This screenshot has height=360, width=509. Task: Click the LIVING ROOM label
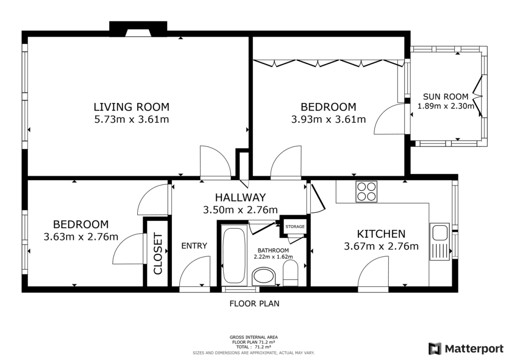click(132, 106)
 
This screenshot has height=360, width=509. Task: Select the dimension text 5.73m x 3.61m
click(132, 119)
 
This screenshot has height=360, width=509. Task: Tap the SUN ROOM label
click(445, 96)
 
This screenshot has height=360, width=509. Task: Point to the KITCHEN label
click(381, 233)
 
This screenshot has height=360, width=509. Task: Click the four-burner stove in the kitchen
click(367, 191)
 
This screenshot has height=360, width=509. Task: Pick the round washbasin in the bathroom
click(263, 276)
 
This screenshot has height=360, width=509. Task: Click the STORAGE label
click(294, 227)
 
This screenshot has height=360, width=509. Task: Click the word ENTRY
click(194, 246)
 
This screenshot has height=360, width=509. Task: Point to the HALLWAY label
click(240, 197)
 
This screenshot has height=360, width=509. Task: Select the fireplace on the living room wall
click(138, 30)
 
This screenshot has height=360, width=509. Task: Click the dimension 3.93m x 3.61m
click(328, 119)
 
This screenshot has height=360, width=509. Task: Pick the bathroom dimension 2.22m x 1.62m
click(273, 257)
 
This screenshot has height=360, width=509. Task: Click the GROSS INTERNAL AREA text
click(254, 337)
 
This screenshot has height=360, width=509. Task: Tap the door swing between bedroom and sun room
click(389, 119)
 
